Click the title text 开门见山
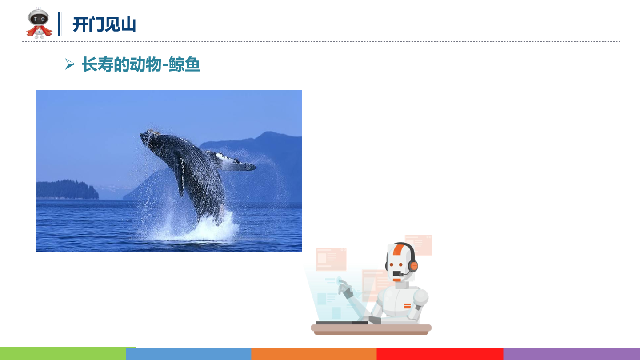104,24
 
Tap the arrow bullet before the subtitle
70,64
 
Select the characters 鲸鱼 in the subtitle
184,64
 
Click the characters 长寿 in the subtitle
97,64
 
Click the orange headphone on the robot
413,266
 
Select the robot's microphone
400,274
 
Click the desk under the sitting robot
371,329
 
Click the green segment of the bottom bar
63,354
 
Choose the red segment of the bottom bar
440,354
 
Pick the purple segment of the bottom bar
572,354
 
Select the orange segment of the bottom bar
314,354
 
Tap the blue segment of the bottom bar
188,354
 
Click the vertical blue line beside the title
60,24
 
